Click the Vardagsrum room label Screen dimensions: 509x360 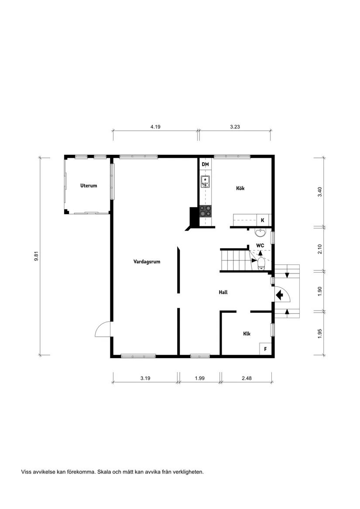[x=147, y=262]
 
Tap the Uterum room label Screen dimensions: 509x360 [x=89, y=185]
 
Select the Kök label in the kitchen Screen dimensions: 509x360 [x=240, y=188]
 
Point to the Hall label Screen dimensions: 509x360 [x=223, y=292]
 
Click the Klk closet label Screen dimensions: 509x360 [x=247, y=334]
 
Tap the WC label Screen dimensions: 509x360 [x=260, y=246]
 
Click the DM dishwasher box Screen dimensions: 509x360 [x=205, y=164]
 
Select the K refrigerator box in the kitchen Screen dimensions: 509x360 [x=263, y=220]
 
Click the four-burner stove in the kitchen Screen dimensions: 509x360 [x=206, y=211]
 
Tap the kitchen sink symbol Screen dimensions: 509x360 [x=205, y=181]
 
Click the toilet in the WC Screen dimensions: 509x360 [x=261, y=263]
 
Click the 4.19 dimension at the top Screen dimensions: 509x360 [x=155, y=127]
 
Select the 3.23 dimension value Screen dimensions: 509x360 [x=236, y=127]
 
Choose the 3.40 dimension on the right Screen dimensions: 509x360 [x=320, y=191]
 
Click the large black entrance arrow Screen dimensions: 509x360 [x=279, y=295]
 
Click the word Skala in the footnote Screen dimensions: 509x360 [x=104, y=471]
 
